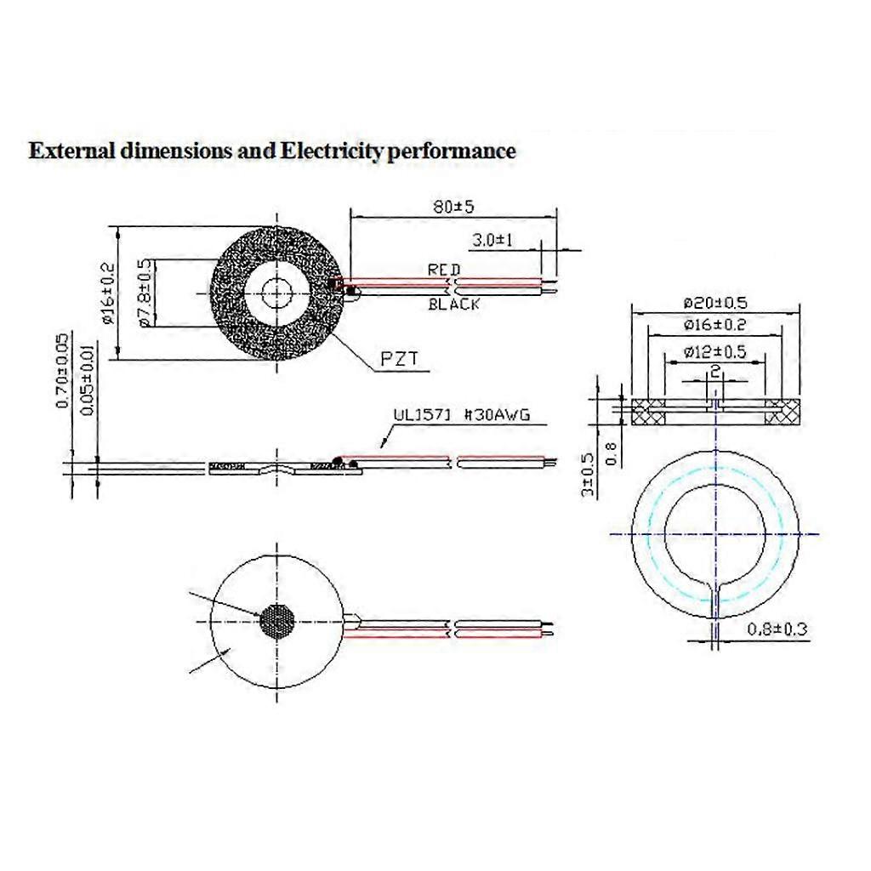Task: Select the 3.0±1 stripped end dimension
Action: (493, 241)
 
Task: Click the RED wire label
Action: (444, 270)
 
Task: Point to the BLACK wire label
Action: (453, 304)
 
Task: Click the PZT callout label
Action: (398, 360)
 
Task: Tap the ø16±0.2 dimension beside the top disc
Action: (107, 294)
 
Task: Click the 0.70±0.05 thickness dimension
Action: (62, 371)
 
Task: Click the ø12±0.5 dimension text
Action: (714, 352)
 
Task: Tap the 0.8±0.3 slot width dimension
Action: (776, 630)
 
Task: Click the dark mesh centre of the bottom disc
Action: (276, 622)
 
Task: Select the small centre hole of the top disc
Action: (276, 293)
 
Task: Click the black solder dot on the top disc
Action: (350, 293)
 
